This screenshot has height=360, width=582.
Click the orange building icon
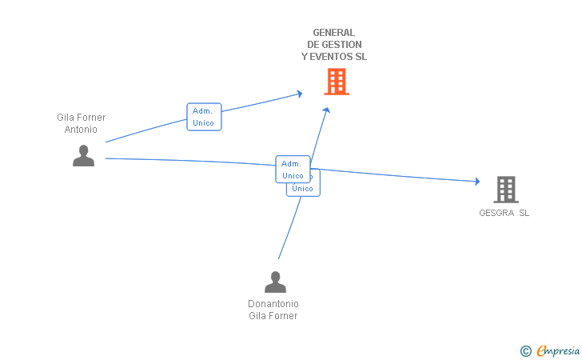337,82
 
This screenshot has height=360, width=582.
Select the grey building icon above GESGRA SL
505,190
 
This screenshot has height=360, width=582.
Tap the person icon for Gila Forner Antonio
83,155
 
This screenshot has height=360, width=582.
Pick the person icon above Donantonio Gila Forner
275,282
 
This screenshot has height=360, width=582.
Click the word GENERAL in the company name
334,33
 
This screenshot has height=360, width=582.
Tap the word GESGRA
496,213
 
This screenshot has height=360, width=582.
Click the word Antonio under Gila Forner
82,129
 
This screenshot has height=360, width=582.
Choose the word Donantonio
273,304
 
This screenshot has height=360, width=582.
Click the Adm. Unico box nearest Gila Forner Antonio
204,117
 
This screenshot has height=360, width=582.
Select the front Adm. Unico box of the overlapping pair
293,169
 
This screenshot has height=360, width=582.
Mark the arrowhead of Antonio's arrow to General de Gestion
299,94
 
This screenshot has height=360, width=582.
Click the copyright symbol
525,350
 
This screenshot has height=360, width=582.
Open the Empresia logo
557,350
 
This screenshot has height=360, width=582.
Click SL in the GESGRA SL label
524,213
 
